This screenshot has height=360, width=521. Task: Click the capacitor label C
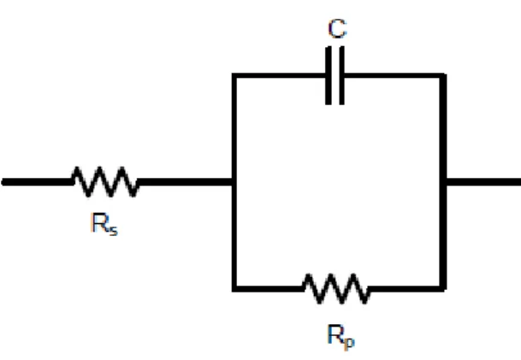tap(337, 28)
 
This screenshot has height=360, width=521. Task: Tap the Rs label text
tap(104, 224)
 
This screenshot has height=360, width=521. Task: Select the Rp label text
tap(341, 337)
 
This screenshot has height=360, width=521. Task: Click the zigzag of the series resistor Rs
tap(105, 181)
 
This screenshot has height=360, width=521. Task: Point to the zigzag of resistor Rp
tap(336, 288)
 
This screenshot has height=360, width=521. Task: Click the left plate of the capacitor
tap(329, 76)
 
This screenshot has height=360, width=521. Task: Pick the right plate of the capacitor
tap(342, 76)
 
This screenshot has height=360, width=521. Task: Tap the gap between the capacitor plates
tap(335, 76)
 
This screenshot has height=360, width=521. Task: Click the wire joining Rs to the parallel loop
tap(186, 182)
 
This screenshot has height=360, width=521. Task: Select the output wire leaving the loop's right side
tap(483, 182)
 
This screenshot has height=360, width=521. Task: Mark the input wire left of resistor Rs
tap(37, 182)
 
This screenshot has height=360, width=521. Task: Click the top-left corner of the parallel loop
tap(234, 76)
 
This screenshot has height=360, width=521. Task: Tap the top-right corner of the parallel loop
tap(443, 76)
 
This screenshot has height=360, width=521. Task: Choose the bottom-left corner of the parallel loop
tap(234, 289)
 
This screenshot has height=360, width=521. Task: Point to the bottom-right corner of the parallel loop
tap(443, 289)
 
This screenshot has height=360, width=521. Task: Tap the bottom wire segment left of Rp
tap(268, 289)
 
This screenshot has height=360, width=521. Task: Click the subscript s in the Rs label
tap(113, 230)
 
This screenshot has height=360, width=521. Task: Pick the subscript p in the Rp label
tap(350, 342)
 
